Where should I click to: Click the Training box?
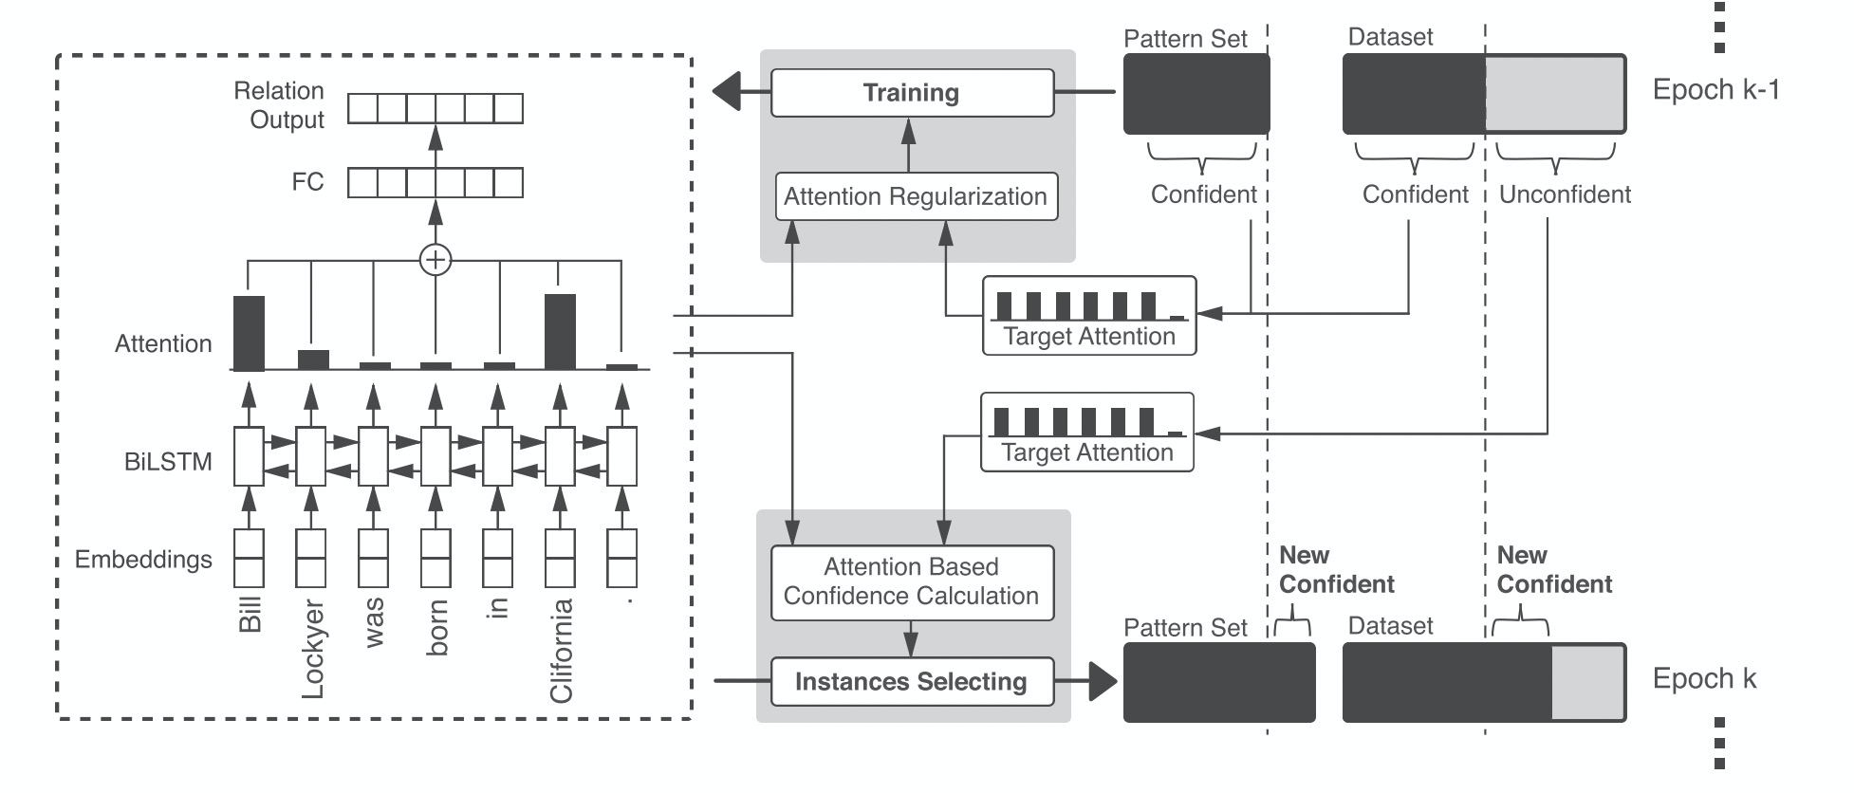tap(912, 93)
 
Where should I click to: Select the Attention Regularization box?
tap(916, 196)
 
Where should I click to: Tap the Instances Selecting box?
tap(912, 682)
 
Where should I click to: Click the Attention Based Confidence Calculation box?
tap(912, 581)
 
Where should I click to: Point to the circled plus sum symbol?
tap(436, 259)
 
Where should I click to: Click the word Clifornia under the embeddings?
tap(561, 651)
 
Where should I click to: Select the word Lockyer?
tap(312, 650)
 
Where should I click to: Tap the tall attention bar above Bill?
tap(250, 333)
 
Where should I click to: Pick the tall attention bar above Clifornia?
tap(560, 331)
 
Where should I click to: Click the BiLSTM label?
tap(168, 462)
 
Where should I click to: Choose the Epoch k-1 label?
tap(1715, 90)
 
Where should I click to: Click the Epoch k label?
tap(1704, 679)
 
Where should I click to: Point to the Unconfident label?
tap(1565, 194)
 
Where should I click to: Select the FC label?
tap(307, 182)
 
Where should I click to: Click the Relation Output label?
tap(279, 105)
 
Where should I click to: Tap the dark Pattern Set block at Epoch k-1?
tap(1196, 93)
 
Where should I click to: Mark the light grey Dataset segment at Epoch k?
tap(1587, 682)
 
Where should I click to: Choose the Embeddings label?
tap(143, 560)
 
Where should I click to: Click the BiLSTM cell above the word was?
tap(373, 456)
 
